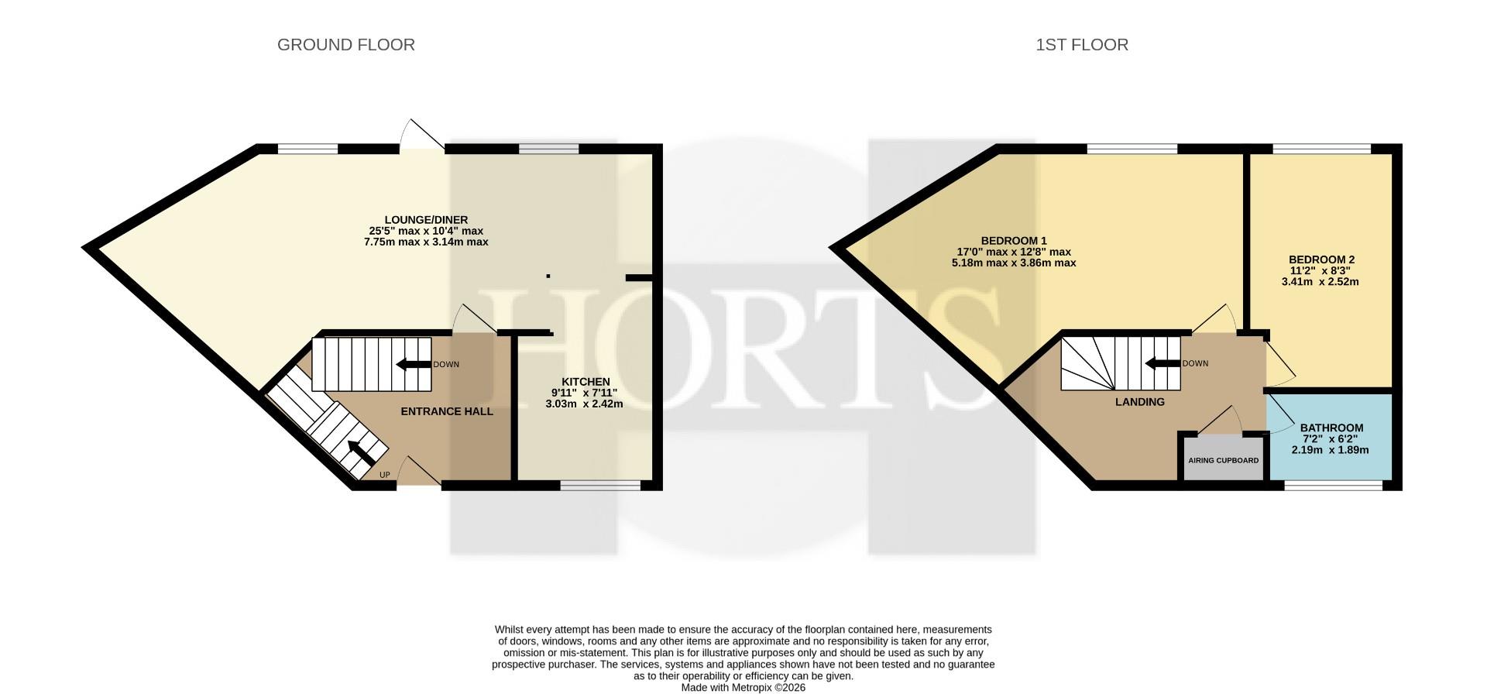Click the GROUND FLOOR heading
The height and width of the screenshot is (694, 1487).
coord(346,45)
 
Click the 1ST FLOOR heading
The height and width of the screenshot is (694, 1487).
coord(1082,45)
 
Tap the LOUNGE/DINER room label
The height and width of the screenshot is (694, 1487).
coord(427,220)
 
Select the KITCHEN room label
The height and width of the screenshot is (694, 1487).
coord(586,382)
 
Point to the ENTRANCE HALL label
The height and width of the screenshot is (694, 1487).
coord(447,411)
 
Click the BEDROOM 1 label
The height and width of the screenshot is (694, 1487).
coord(1014,241)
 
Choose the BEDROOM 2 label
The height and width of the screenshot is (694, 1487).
coord(1321,259)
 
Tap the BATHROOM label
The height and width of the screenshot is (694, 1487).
coord(1331,428)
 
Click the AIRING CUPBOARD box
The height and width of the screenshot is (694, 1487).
coord(1224,461)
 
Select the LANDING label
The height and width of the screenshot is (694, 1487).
coord(1139,402)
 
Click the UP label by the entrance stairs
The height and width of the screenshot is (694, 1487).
coord(385,475)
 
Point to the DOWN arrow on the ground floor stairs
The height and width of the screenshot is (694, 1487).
coord(414,365)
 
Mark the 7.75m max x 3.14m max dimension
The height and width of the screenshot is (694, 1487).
coord(426,242)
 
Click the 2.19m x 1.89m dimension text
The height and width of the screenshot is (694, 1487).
coord(1331,450)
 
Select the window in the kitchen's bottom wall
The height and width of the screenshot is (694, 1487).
coord(600,485)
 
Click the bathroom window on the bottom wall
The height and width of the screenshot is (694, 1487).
coord(1333,485)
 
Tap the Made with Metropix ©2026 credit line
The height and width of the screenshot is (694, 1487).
coord(743,687)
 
